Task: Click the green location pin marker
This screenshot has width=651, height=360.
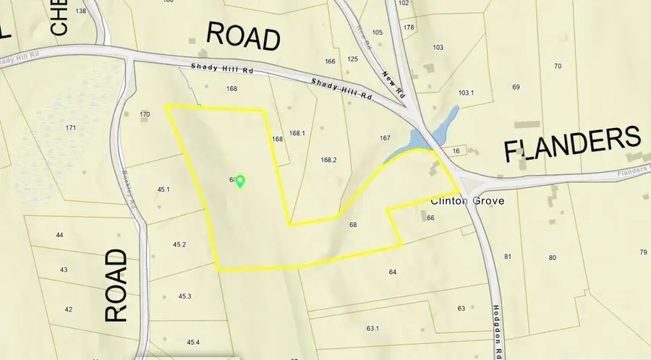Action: tap(241, 181)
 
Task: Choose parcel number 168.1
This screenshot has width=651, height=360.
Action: tap(297, 133)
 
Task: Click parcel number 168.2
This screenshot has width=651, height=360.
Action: tap(329, 159)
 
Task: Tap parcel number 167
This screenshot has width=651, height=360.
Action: tap(385, 137)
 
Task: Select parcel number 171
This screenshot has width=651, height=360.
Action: tap(71, 128)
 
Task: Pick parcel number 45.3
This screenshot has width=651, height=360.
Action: tap(184, 296)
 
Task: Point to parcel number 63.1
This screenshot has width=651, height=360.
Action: tap(373, 328)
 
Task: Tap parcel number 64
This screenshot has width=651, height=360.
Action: tap(393, 272)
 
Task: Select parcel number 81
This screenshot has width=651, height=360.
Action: tap(507, 257)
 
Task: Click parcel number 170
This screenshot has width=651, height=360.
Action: tap(145, 114)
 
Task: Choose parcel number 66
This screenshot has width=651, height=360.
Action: tap(430, 218)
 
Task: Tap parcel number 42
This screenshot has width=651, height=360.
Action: tap(68, 309)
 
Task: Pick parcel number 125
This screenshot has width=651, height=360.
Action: tap(353, 59)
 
